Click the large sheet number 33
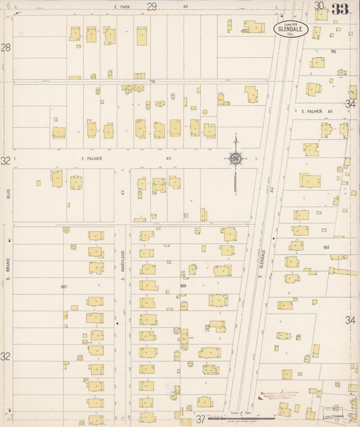coord(340,9)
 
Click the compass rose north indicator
coord(236,159)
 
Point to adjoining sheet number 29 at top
coord(152,6)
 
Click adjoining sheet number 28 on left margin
coord(6,47)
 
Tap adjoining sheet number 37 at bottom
coord(201,419)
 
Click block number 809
coord(183,286)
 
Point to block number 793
coord(153,81)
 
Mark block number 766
coord(333,51)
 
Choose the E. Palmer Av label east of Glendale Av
coord(318,111)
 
